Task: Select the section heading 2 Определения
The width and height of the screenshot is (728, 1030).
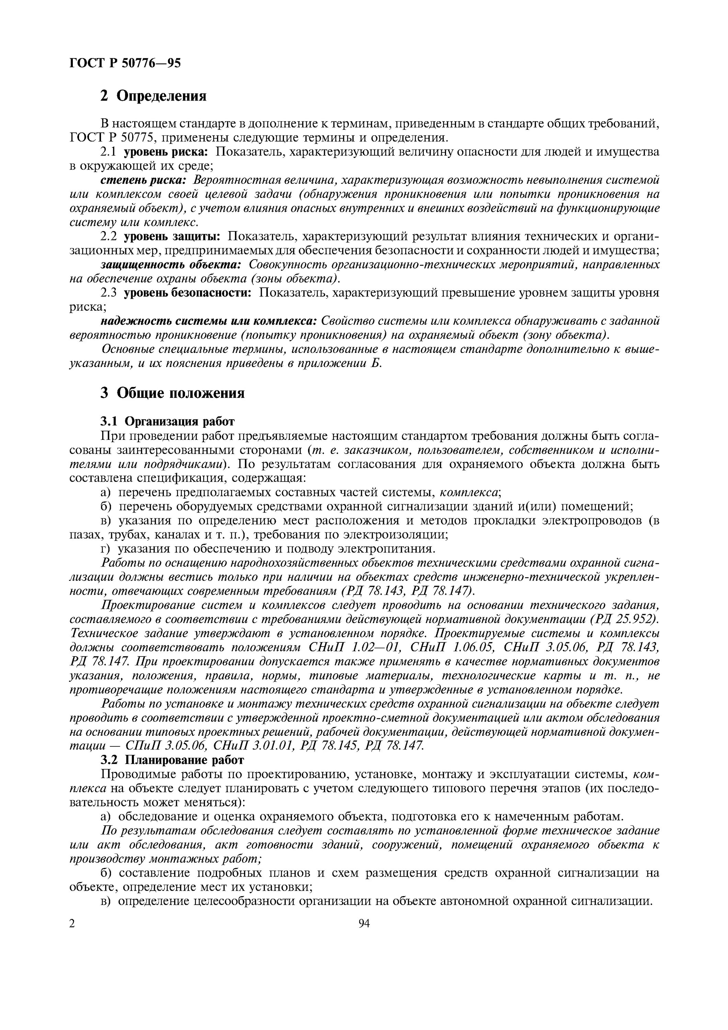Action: (x=153, y=95)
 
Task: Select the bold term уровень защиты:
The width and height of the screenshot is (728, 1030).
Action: (x=172, y=236)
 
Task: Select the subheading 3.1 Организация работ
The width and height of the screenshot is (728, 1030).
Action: (x=167, y=422)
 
